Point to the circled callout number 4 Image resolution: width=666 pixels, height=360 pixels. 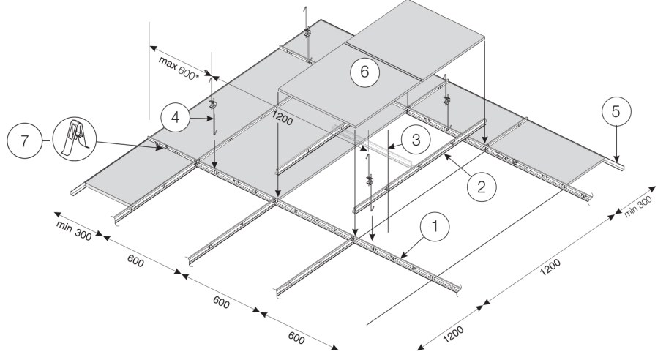click(x=173, y=116)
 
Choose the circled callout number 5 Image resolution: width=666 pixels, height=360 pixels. click(x=615, y=112)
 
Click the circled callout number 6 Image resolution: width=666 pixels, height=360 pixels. click(x=364, y=72)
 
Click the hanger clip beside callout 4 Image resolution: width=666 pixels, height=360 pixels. click(x=213, y=105)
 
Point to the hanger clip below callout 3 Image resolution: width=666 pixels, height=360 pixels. click(x=370, y=179)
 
